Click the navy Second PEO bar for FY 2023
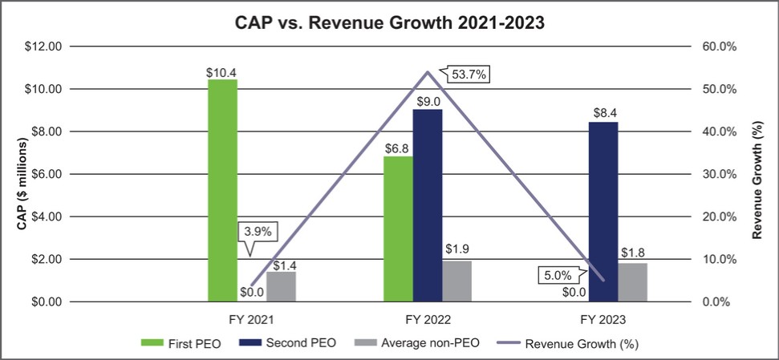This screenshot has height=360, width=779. pyautogui.click(x=603, y=212)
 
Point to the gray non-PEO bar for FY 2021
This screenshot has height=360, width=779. pyautogui.click(x=281, y=286)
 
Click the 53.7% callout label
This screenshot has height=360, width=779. pyautogui.click(x=467, y=75)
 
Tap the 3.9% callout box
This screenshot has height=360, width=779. pyautogui.click(x=258, y=232)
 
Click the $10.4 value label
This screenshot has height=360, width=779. pyautogui.click(x=222, y=72)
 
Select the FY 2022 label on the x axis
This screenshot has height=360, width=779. pyautogui.click(x=428, y=318)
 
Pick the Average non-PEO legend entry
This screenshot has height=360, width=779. pyautogui.click(x=424, y=343)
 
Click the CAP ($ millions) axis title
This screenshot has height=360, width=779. pyautogui.click(x=24, y=174)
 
